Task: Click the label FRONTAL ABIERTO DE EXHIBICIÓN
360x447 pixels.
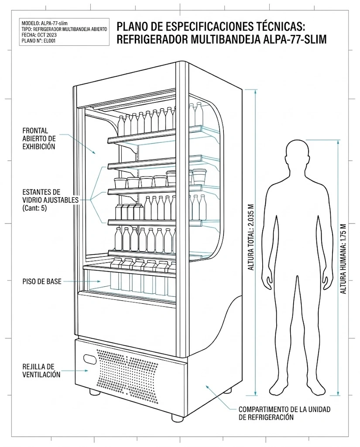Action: [x=39, y=138]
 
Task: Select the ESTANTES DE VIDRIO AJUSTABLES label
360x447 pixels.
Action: [x=51, y=196]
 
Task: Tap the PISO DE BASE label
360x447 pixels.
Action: [x=42, y=282]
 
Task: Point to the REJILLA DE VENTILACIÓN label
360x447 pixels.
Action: [x=41, y=370]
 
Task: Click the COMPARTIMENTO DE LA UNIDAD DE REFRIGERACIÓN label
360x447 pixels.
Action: [x=285, y=413]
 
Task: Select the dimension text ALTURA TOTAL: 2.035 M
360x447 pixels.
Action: [x=251, y=237]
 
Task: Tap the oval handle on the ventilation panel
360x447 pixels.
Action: [x=90, y=359]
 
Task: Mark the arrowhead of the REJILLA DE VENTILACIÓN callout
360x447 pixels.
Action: [x=86, y=371]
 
